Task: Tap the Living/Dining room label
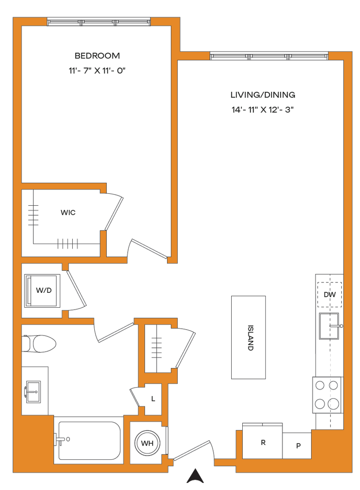(262, 94)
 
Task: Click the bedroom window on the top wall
(99, 22)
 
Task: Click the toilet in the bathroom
(39, 343)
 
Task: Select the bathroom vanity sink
(34, 391)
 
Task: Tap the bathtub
(89, 440)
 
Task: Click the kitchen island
(248, 337)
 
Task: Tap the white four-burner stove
(327, 395)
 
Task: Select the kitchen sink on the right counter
(329, 325)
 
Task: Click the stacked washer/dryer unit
(42, 290)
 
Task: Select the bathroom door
(115, 332)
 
